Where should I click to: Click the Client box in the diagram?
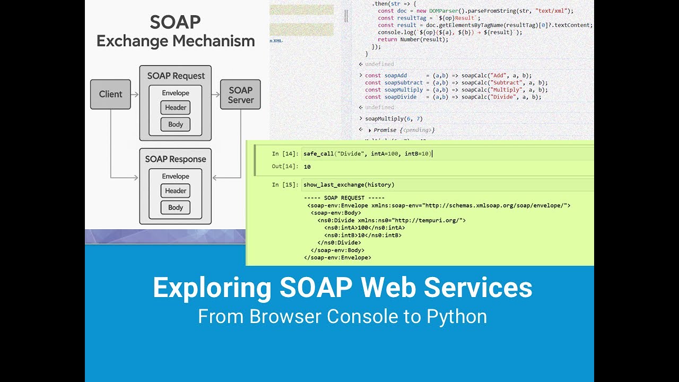pos(110,94)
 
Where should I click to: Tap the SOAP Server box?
pos(240,94)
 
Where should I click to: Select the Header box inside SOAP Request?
pos(176,108)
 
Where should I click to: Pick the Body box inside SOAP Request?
pos(176,125)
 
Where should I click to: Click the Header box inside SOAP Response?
pos(176,191)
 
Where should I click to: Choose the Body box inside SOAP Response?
pos(176,207)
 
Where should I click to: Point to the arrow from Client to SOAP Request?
pos(135,94)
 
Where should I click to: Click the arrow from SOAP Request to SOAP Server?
pos(215,94)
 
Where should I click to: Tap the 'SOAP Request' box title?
pos(176,76)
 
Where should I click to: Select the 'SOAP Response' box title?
pos(176,159)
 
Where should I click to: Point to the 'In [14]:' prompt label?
pos(285,154)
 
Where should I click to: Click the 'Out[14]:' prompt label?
pos(285,167)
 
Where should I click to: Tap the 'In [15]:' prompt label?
pos(285,185)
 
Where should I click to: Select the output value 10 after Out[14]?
pos(307,167)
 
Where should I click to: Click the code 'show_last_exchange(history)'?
pos(349,185)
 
